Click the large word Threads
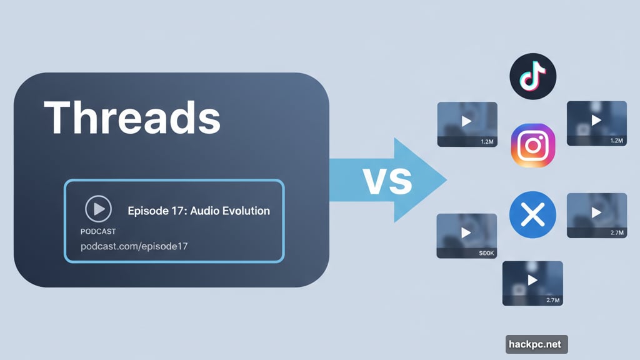[x=132, y=117]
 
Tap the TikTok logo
[x=532, y=76]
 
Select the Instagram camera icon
[x=532, y=146]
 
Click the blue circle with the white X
[x=532, y=216]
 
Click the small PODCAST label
[x=98, y=231]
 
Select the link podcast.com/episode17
[x=134, y=246]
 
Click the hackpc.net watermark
[x=536, y=344]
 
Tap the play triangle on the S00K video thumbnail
[x=466, y=232]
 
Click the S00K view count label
[x=486, y=254]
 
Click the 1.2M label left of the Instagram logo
[x=487, y=142]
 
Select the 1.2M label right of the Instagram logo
[x=616, y=141]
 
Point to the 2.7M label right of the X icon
[x=616, y=232]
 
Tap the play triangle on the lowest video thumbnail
[x=532, y=280]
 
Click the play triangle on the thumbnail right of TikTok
[x=596, y=120]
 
